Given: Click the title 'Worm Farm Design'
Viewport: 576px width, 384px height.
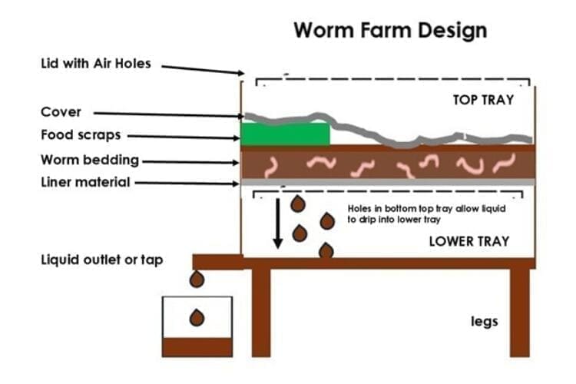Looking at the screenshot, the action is [x=390, y=31].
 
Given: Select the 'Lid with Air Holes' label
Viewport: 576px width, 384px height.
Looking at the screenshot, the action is [x=96, y=64].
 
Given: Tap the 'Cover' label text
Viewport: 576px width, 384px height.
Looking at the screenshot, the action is [x=61, y=112].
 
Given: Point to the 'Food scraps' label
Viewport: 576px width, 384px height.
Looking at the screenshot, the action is [x=81, y=135].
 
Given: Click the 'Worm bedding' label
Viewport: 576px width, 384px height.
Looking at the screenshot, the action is [x=90, y=161].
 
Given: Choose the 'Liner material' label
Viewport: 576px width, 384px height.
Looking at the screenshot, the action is [x=85, y=182].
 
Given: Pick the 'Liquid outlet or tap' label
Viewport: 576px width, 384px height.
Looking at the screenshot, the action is [x=102, y=260].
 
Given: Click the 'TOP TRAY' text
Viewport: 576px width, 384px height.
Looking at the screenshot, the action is [x=483, y=100].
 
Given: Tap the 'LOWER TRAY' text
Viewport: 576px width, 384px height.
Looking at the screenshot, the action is [x=469, y=241].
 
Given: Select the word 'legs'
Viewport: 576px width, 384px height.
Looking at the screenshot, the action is [x=485, y=322].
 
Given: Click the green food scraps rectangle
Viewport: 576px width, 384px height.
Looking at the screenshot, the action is [x=285, y=134].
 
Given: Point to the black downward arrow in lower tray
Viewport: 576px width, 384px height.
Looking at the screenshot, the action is [x=278, y=223].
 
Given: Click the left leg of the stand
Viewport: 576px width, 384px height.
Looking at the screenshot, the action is [x=261, y=313].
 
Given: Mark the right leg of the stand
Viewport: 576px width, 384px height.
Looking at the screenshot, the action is [x=520, y=313].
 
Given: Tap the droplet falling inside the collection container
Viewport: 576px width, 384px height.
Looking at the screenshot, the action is [x=197, y=317].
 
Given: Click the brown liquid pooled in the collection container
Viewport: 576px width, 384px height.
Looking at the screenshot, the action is [x=197, y=347].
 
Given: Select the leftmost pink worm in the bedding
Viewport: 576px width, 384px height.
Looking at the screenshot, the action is [x=271, y=167].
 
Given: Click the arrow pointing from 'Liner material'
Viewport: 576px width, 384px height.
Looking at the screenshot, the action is [x=187, y=183].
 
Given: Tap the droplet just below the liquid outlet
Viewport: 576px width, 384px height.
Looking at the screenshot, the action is [x=197, y=280].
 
